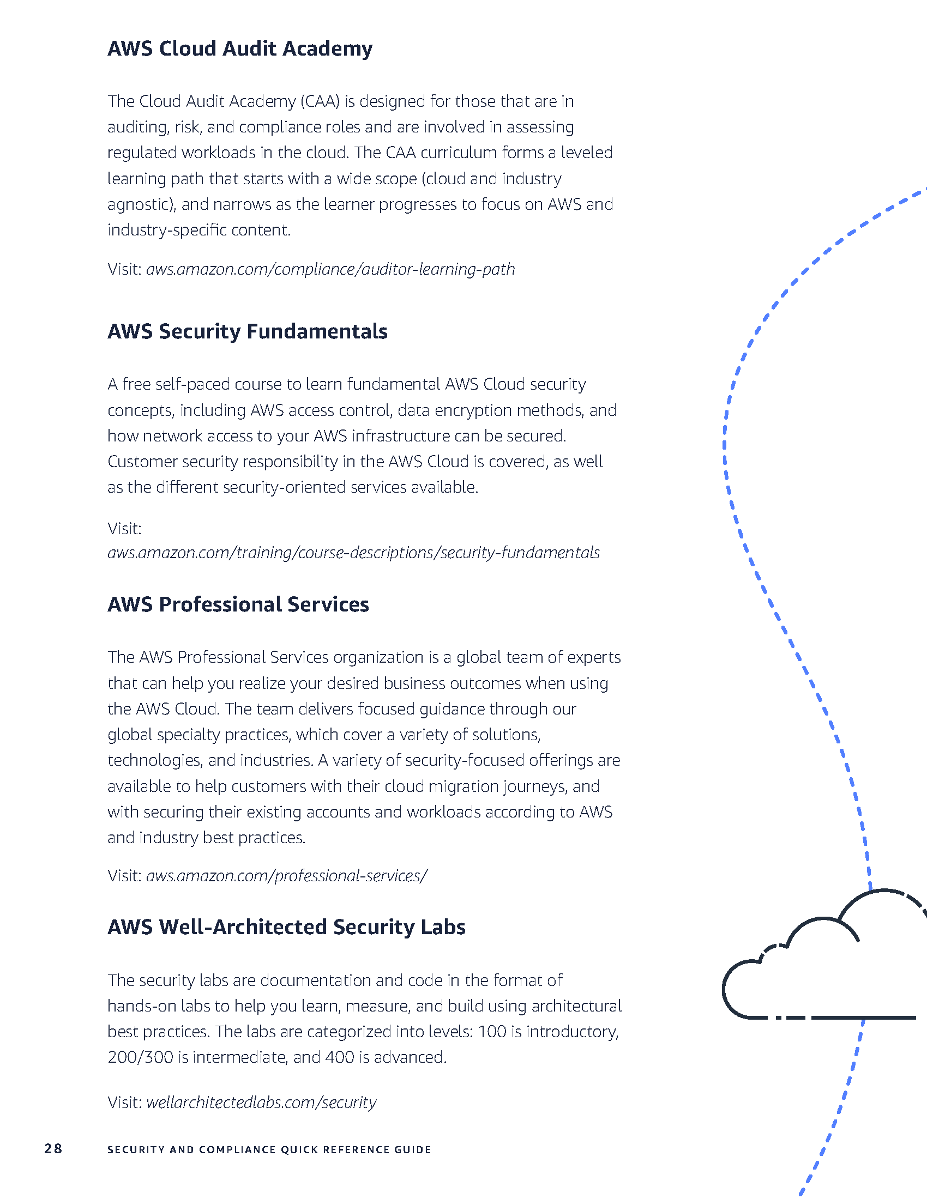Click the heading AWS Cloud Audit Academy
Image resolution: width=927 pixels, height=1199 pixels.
(239, 49)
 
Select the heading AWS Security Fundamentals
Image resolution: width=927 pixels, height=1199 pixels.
(247, 331)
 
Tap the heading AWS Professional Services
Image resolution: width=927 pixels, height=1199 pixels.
(238, 604)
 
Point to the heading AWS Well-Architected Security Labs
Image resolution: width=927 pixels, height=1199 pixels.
(286, 927)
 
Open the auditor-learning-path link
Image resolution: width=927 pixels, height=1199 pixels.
(330, 269)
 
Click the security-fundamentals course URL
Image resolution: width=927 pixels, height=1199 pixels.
(353, 552)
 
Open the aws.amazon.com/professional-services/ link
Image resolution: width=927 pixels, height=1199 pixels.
(286, 875)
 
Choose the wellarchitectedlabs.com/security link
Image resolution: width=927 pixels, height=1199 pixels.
(261, 1102)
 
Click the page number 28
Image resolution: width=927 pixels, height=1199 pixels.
(53, 1149)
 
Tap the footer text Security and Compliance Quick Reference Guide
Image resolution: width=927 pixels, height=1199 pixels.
(269, 1149)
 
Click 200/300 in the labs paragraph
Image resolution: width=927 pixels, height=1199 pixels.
(141, 1057)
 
